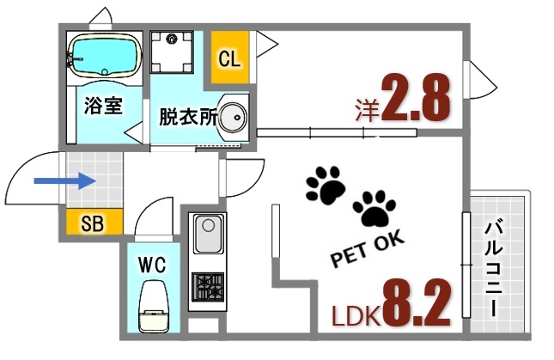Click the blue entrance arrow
tap(64, 181)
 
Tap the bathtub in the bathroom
tap(102, 57)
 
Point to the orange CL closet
tap(228, 58)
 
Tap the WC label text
tap(151, 262)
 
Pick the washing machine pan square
tap(174, 51)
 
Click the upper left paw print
tap(325, 184)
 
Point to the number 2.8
tap(416, 101)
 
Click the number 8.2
tap(417, 300)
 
